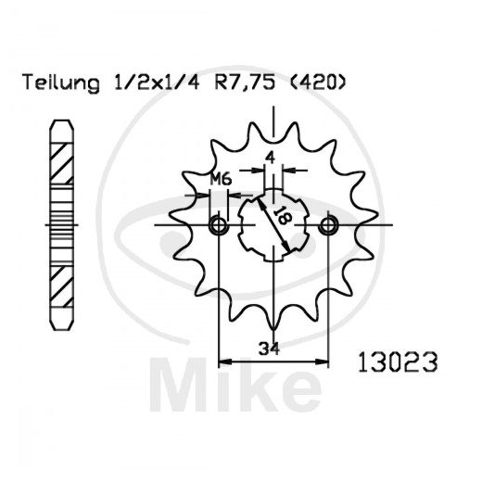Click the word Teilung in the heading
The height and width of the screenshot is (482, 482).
tap(61, 83)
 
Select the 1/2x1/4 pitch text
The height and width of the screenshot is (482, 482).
tap(157, 82)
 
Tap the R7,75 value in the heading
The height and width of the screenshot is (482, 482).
tap(245, 82)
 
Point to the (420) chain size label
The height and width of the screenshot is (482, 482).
tap(318, 82)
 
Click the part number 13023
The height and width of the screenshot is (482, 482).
tap(398, 361)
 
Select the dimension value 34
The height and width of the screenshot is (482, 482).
tap(269, 349)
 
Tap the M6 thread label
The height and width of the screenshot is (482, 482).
tap(221, 179)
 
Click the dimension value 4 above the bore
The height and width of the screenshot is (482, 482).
tap(270, 159)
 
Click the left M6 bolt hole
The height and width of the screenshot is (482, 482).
tap(219, 225)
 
